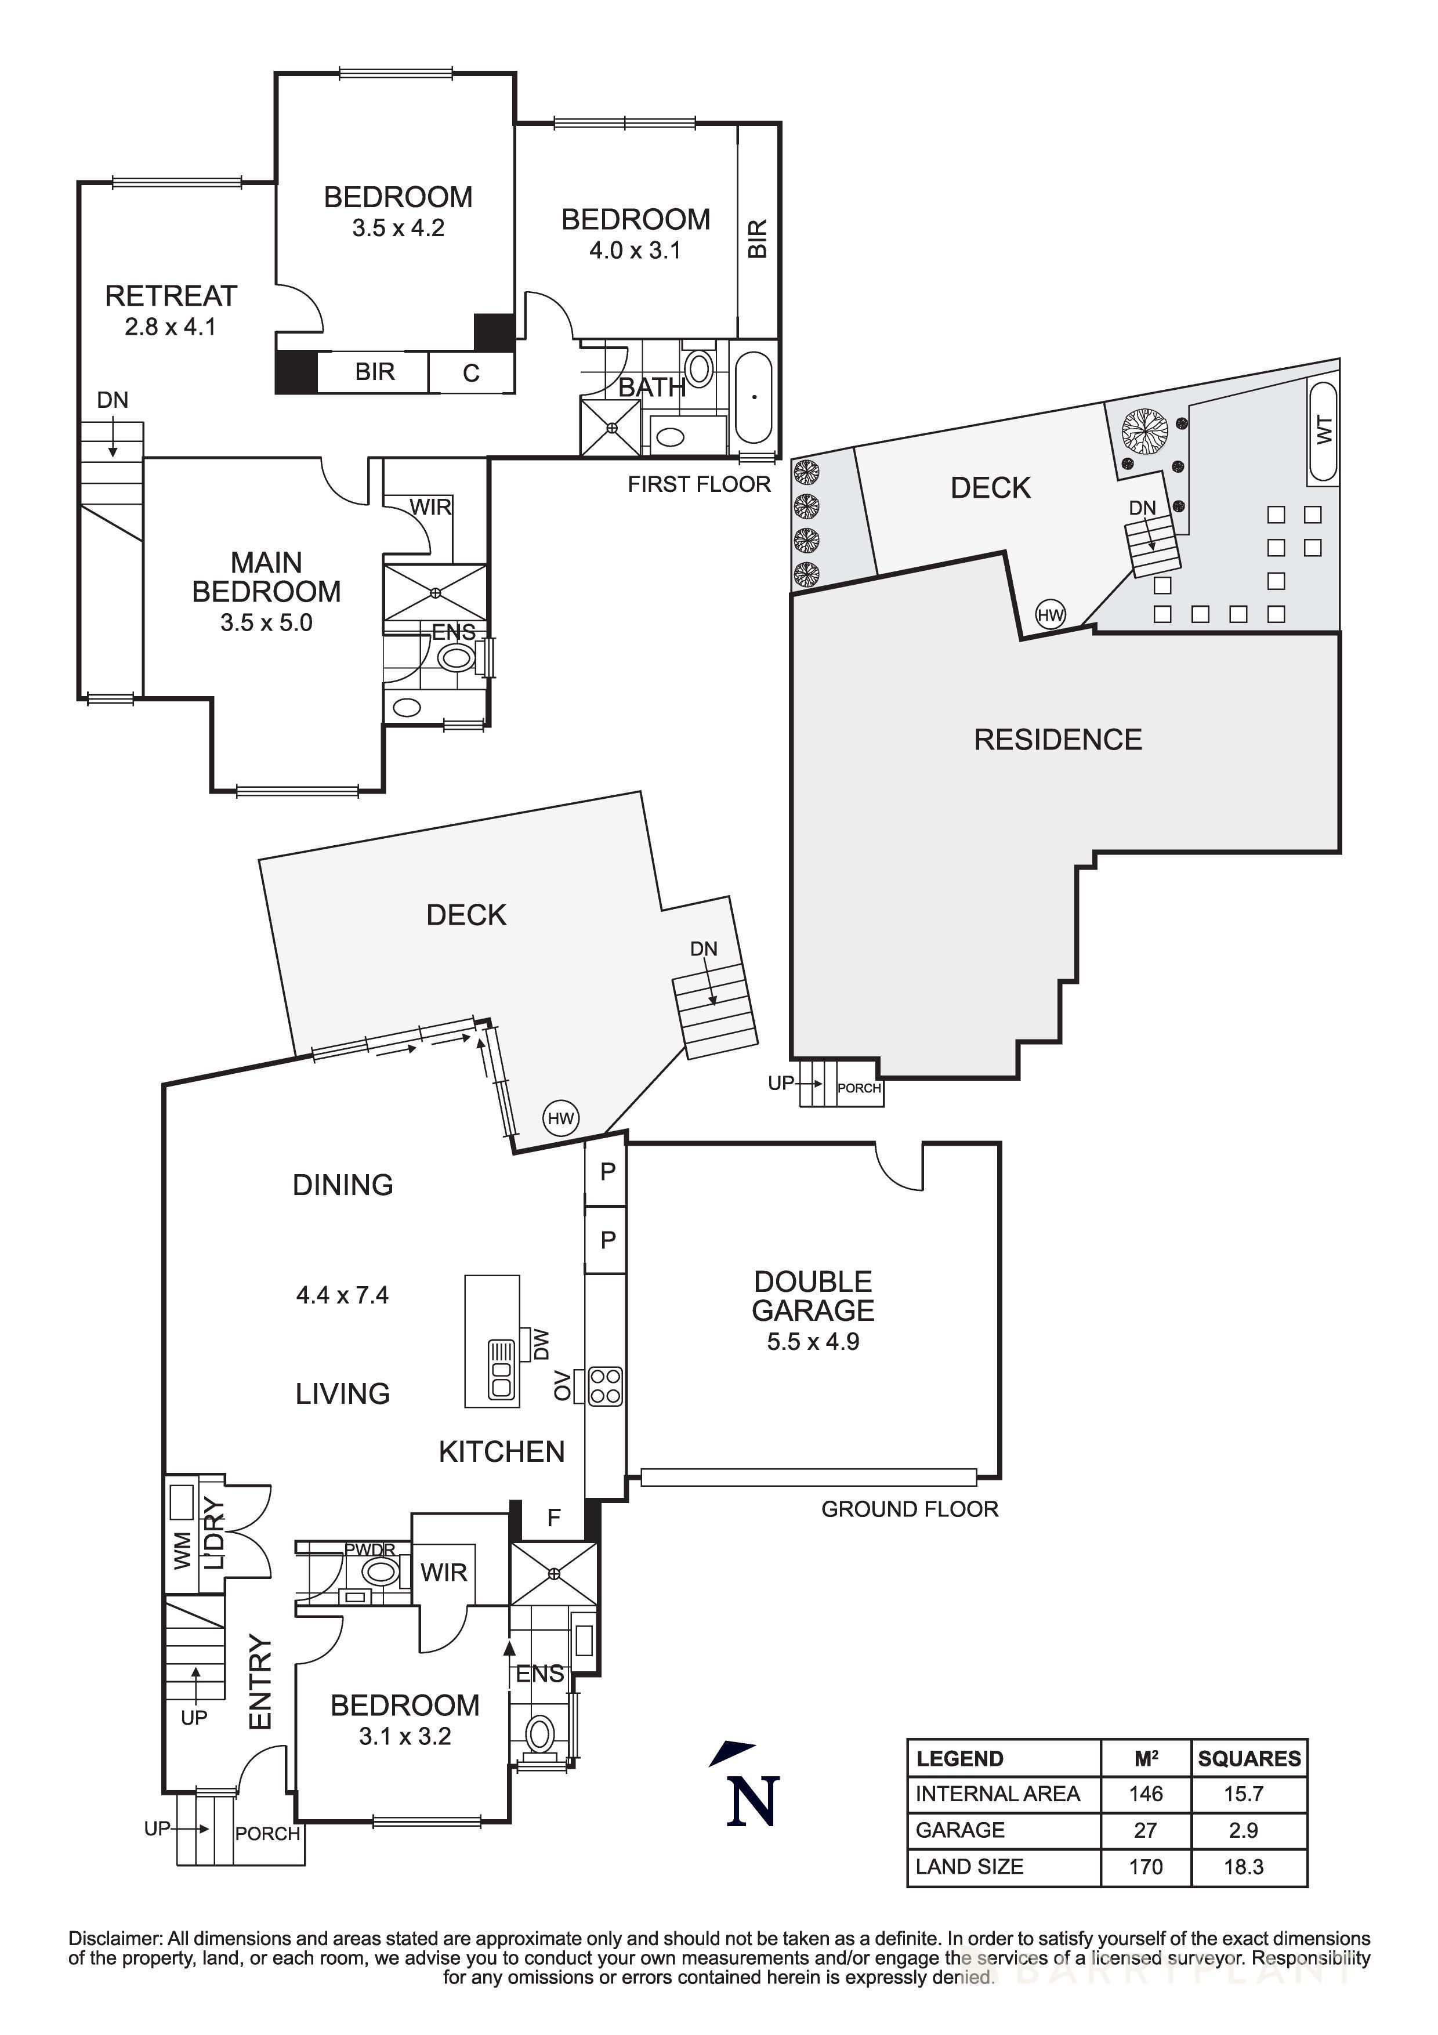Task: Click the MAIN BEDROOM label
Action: tap(266, 577)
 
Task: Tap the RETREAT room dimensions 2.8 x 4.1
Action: tap(170, 327)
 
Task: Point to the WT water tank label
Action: tap(1324, 431)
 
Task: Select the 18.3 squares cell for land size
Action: tap(1243, 1867)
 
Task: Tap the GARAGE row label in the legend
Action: tap(959, 1830)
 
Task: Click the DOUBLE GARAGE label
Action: tap(813, 1296)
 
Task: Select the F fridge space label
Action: tap(554, 1518)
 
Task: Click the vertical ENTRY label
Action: tap(260, 1681)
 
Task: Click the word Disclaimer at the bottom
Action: tap(115, 1938)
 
